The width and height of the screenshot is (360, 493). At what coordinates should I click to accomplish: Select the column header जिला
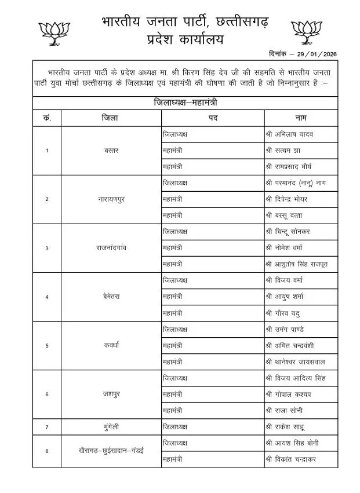point(110,118)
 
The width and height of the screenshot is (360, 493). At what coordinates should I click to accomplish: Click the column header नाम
point(300,118)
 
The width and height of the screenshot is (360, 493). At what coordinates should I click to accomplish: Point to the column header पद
point(213,118)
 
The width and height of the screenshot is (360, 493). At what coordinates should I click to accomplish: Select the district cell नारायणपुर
point(111,199)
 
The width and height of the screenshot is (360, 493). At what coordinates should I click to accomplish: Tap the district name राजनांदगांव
point(111,248)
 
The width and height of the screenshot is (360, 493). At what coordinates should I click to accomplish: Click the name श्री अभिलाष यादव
point(292,134)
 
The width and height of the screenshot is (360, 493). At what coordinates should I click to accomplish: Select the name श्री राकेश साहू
point(289,427)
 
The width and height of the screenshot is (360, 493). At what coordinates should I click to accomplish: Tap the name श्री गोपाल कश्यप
point(291,395)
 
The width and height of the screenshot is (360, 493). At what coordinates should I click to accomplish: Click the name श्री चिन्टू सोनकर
point(292,232)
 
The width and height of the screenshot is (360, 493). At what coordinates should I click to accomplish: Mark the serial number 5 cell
point(46,346)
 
